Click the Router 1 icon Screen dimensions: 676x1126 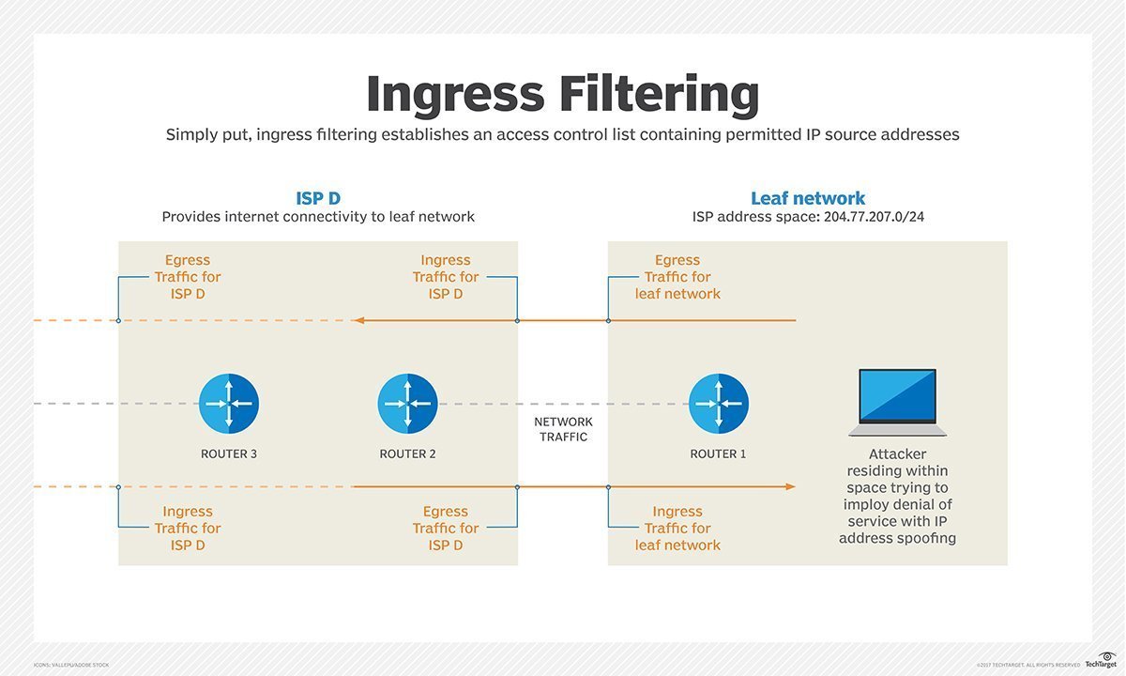coord(718,404)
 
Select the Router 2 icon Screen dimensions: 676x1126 coord(407,404)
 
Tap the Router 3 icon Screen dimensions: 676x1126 coord(229,404)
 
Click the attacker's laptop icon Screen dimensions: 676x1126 coord(897,402)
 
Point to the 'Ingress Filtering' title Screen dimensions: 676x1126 coord(562,94)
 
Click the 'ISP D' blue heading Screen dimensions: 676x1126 coord(318,198)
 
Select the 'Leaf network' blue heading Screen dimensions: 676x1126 coord(807,198)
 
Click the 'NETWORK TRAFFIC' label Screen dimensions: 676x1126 coord(563,429)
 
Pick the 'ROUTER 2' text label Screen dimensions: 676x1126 coord(407,454)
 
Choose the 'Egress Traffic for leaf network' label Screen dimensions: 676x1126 coord(677,277)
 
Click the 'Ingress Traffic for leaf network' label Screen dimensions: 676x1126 coord(677,529)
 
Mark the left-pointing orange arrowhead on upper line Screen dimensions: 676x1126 coord(358,321)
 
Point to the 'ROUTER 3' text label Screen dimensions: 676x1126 coord(229,454)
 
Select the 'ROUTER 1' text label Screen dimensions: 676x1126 coord(718,454)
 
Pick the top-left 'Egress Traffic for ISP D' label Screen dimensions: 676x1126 coord(188,277)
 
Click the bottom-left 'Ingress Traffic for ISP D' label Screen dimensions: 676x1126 coord(188,529)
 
